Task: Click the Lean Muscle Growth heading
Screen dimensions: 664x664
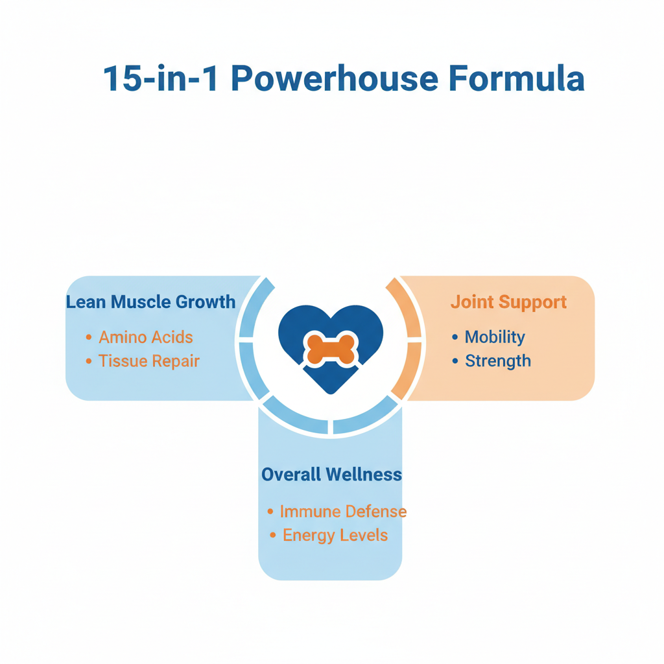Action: coord(151,302)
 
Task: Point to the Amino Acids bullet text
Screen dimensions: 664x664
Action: coord(146,337)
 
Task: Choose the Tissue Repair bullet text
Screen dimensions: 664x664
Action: coord(149,361)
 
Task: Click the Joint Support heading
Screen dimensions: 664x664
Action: coord(508,302)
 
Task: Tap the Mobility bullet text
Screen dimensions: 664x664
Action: coord(495,337)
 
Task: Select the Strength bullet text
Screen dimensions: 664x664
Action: coord(498,361)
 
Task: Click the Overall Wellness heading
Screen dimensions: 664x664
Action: coord(331,475)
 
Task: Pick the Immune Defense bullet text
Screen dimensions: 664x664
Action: coord(343,512)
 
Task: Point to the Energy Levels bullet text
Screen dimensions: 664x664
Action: coord(335,536)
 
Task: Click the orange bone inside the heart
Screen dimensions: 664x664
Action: coord(331,349)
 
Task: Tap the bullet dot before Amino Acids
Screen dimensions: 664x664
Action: coord(89,337)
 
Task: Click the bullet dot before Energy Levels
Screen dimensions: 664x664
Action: coord(273,536)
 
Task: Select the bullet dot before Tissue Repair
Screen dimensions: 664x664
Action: coord(89,361)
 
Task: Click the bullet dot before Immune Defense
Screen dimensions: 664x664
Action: coord(270,512)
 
